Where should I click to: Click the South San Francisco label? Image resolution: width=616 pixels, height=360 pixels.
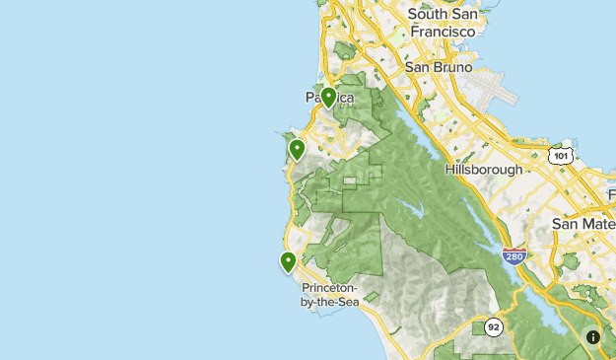point(443,22)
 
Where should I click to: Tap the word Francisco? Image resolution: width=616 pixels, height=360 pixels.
point(443,31)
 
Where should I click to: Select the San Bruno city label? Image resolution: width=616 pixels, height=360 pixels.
point(439,67)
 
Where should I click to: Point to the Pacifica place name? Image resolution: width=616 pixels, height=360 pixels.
point(328,99)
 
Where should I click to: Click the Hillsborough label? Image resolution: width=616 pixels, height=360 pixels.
point(484,170)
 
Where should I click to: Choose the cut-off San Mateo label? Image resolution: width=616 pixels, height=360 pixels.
point(583,223)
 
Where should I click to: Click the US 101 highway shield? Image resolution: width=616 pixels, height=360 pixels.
point(561,156)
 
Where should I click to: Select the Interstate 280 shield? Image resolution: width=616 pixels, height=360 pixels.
point(513,256)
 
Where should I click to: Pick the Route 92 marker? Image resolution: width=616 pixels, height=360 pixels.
point(492,326)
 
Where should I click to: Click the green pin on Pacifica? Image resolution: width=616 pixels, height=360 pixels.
point(329,97)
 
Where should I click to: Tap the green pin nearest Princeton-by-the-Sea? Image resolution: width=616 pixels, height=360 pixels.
point(288,262)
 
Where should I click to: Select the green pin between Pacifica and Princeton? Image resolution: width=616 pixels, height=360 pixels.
point(296,150)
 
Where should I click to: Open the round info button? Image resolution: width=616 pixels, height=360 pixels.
point(593,337)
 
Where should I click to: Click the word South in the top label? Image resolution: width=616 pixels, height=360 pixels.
point(427,14)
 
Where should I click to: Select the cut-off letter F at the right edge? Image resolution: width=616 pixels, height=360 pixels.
point(611,194)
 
